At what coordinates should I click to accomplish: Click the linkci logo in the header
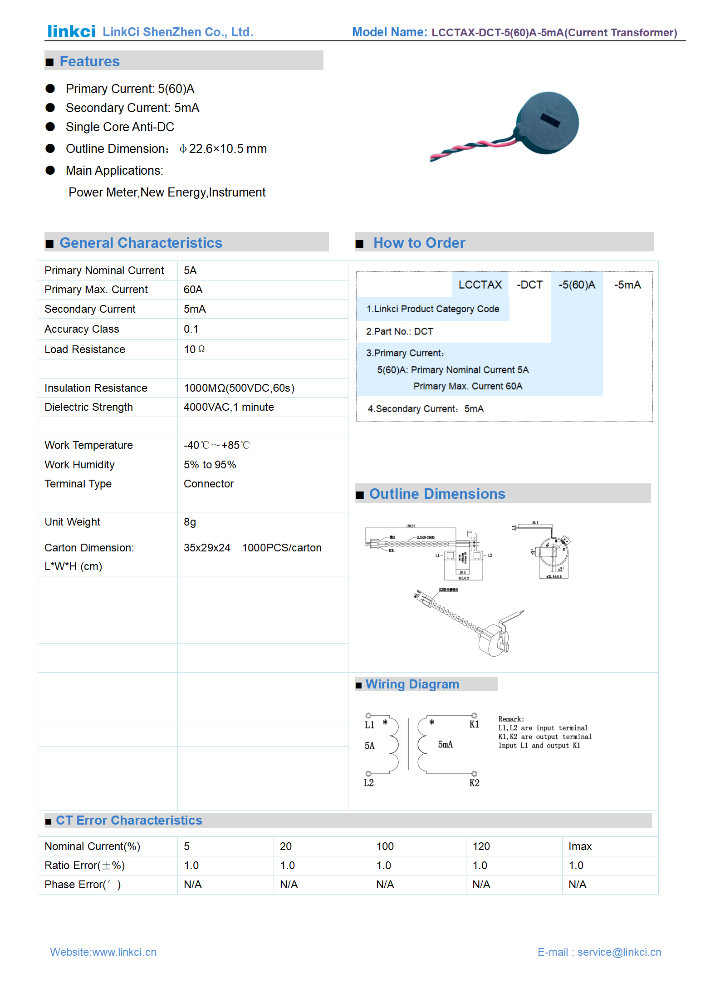coord(71,31)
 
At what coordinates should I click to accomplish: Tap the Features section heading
coord(89,61)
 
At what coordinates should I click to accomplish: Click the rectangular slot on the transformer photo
coord(550,120)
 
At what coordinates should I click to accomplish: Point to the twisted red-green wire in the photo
coord(472,146)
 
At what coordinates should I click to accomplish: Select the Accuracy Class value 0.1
coord(191,329)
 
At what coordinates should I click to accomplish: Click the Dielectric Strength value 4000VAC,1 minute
coord(229,407)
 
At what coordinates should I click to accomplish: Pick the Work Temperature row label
coord(88,445)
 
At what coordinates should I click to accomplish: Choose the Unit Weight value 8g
coord(190,522)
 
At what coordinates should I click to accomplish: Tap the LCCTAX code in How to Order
coord(480,285)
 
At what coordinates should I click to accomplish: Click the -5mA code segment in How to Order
coord(627,285)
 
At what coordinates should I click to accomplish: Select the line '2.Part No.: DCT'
coord(399,331)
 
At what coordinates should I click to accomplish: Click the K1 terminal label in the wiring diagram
coord(474,724)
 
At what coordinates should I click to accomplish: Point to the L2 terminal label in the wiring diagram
coord(368,783)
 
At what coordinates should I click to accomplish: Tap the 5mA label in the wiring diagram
coord(445,744)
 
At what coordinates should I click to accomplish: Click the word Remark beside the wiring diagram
coord(511,719)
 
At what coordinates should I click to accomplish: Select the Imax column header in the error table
coord(580,846)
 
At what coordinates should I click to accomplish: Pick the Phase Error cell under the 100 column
coord(385,885)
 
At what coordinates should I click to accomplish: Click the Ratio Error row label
coord(84,865)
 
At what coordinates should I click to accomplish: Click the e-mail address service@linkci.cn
coord(619,952)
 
